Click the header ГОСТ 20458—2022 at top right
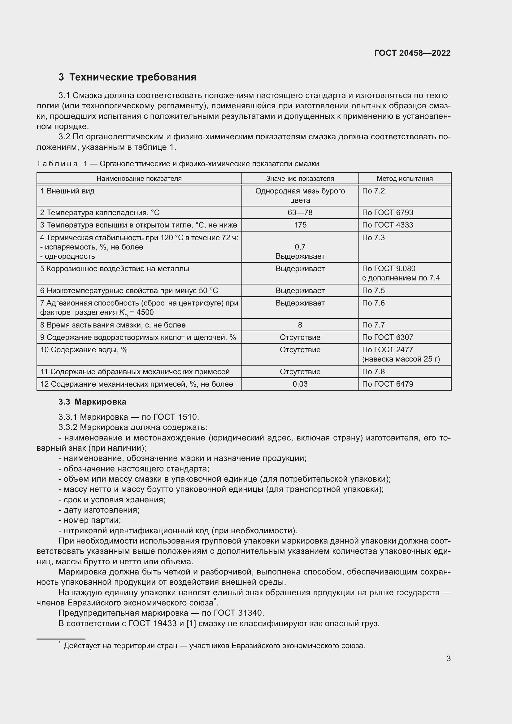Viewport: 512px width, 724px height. (412, 53)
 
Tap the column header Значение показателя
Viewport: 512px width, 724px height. (300, 179)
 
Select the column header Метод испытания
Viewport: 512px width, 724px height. (405, 179)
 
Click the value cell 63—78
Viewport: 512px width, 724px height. (300, 213)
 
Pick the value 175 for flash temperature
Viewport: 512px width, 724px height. (300, 225)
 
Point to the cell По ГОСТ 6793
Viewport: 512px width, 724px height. (388, 213)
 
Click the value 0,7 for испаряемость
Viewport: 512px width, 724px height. (300, 247)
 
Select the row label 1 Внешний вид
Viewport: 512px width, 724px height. (67, 191)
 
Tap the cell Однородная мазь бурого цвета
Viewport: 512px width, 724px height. (300, 196)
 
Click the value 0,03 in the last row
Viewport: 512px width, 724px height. (300, 384)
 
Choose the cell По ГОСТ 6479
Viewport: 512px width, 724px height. (388, 384)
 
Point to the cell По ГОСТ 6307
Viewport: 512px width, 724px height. (388, 337)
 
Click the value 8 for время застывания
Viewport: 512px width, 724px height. (300, 325)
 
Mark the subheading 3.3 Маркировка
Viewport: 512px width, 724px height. (92, 402)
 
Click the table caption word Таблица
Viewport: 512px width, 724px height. (57, 164)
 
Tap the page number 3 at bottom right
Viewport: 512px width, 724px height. (448, 658)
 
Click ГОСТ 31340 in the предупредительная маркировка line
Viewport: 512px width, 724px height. (239, 613)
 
